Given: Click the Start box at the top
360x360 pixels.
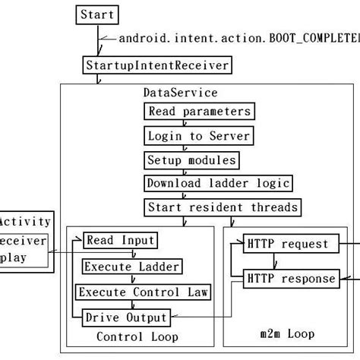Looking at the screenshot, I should pyautogui.click(x=97, y=14).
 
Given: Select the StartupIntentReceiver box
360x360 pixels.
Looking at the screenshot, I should pyautogui.click(x=156, y=66).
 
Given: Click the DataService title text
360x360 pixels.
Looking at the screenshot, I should pyautogui.click(x=181, y=93).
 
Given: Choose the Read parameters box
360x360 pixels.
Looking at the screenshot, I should pyautogui.click(x=197, y=112).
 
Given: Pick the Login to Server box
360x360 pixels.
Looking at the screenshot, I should pyautogui.click(x=197, y=136).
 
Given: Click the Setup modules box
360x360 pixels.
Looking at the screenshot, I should pyautogui.click(x=191, y=160).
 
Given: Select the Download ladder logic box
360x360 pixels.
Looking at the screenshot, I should pyautogui.click(x=217, y=184).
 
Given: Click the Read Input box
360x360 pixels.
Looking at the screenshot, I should pyautogui.click(x=120, y=241).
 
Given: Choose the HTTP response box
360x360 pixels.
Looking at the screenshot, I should pyautogui.click(x=290, y=279).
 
